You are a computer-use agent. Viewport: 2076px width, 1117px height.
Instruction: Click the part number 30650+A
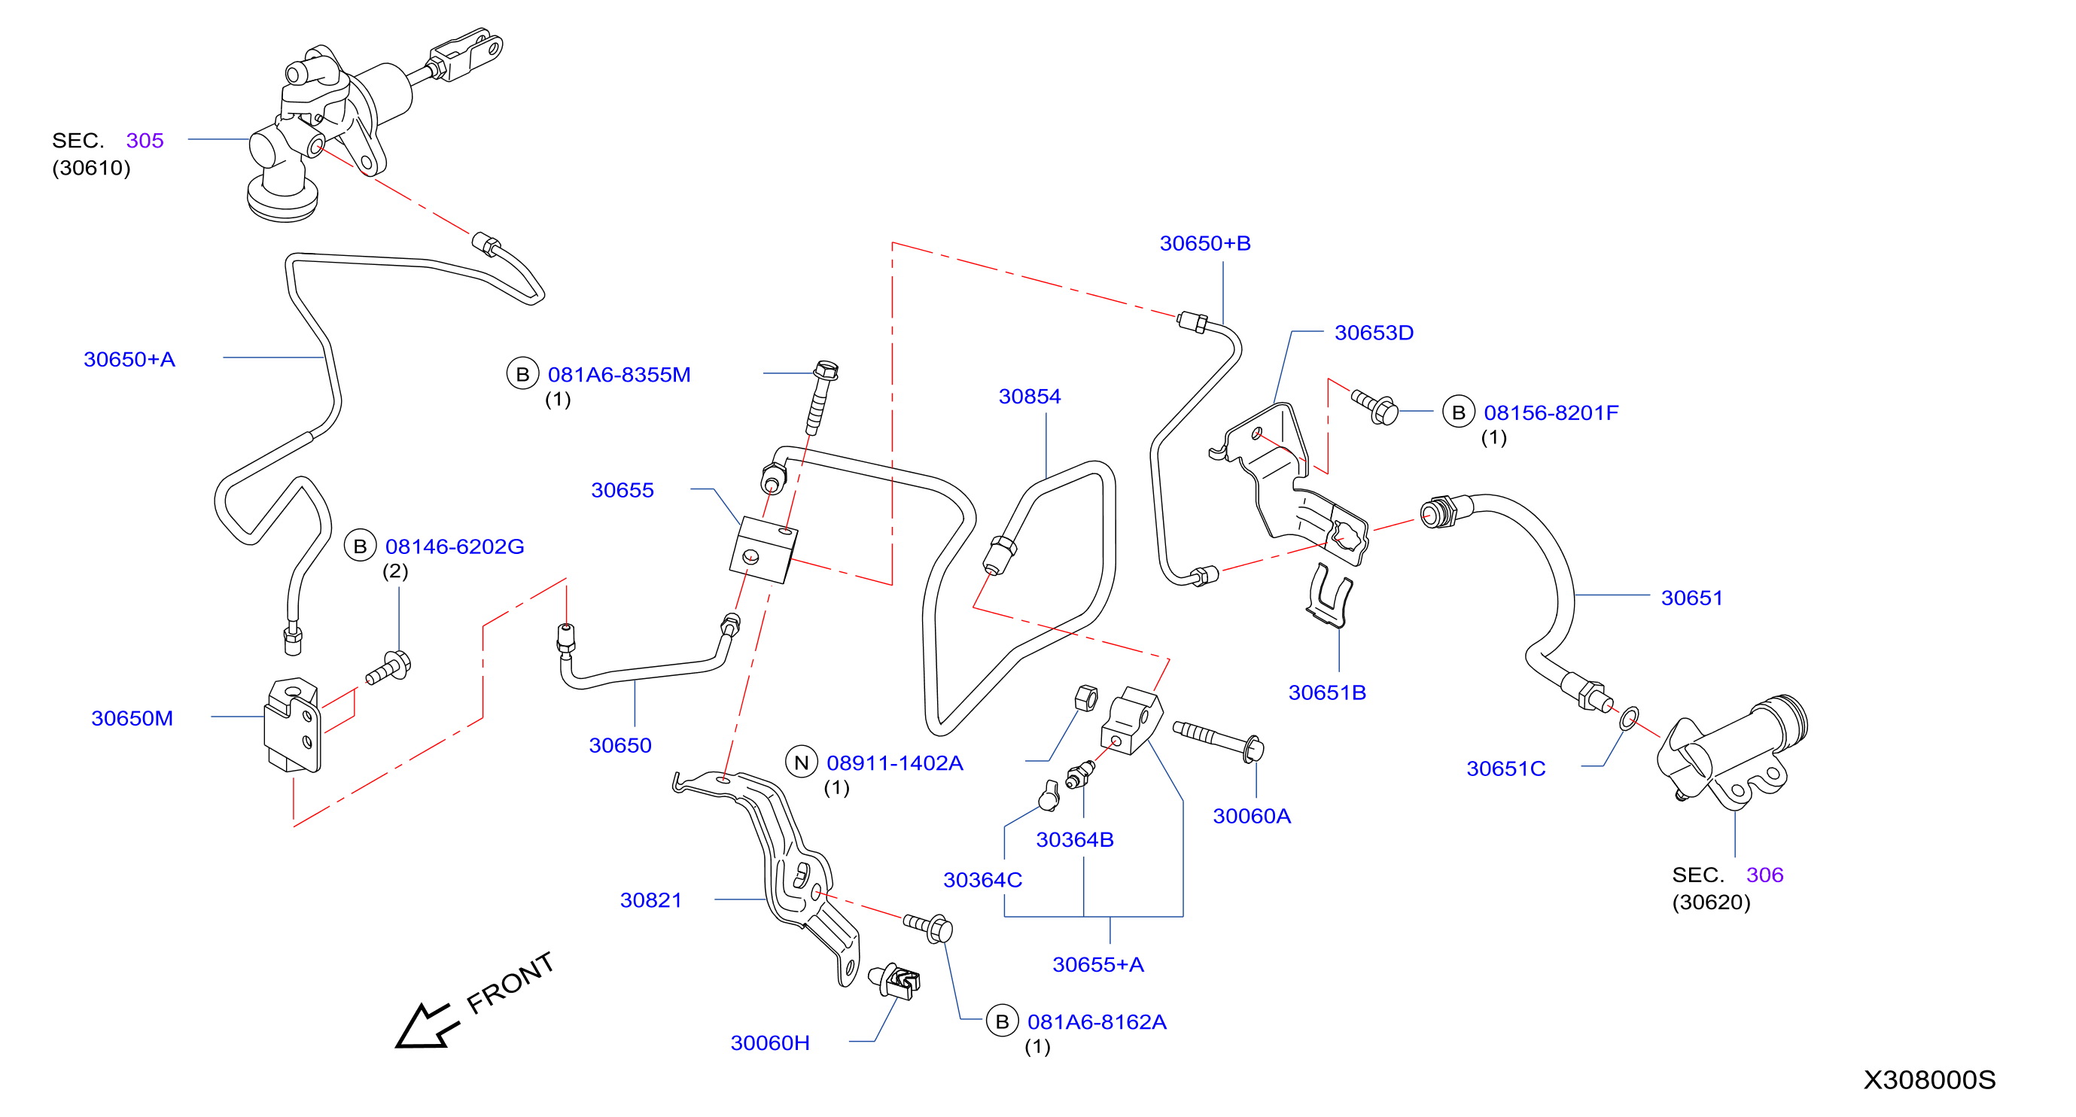point(129,360)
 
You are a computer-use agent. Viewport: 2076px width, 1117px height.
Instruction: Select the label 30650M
point(132,718)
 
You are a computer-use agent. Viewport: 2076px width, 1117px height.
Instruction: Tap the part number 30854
point(1029,397)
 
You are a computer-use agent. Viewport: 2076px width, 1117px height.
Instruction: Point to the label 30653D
point(1373,333)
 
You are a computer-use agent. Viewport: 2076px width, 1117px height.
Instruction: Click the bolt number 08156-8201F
point(1551,412)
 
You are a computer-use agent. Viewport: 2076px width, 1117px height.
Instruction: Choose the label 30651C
point(1505,769)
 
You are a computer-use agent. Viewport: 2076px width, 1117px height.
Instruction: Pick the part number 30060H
point(769,1042)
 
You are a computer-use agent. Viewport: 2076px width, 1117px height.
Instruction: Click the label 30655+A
point(1097,965)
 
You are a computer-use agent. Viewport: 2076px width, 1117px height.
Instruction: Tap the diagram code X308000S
point(1928,1080)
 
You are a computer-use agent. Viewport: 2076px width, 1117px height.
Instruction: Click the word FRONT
point(510,982)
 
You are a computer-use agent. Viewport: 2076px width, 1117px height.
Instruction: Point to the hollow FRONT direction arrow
point(426,1026)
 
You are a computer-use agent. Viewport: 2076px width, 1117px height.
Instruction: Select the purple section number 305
point(145,141)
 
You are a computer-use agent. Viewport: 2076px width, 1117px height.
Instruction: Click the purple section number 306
point(1764,875)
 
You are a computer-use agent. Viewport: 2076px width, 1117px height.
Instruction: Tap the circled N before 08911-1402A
point(801,762)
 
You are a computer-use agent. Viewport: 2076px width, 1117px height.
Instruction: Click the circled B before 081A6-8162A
point(1002,1022)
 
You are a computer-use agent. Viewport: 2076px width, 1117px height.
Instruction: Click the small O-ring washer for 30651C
point(1629,718)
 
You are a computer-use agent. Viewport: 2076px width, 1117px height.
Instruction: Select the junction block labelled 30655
point(763,550)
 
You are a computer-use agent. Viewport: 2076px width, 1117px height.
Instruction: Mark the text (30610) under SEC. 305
point(91,169)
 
